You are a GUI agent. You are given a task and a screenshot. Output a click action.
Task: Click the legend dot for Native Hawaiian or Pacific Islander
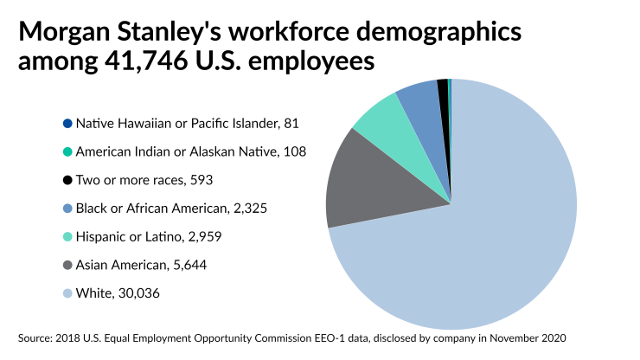pos(67,124)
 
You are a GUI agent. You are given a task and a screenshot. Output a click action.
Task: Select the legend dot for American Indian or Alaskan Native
pos(67,152)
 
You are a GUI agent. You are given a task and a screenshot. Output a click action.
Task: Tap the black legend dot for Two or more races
pos(67,181)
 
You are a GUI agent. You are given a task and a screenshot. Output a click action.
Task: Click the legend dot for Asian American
pos(67,266)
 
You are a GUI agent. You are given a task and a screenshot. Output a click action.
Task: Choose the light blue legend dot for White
pos(67,294)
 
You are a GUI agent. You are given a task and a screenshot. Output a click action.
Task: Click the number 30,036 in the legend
pos(138,294)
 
